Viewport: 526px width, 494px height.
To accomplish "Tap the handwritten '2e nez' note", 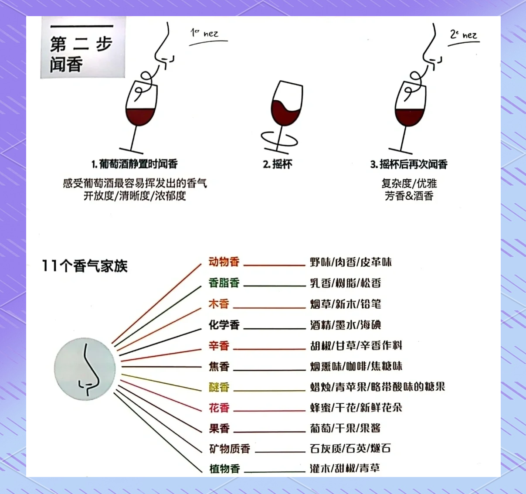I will pos(464,35).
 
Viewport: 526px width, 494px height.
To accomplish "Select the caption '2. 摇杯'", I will pos(277,164).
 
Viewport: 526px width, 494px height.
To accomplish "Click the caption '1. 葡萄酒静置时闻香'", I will pos(135,164).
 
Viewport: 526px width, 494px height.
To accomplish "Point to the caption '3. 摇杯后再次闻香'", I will pos(409,164).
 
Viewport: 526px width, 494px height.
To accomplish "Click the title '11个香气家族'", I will pos(85,266).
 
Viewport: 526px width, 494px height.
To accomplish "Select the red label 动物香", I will pos(224,262).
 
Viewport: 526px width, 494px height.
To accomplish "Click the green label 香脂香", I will pos(224,283).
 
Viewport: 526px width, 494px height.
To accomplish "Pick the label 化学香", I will pos(224,325).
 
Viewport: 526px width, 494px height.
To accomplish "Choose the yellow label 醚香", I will pos(219,387).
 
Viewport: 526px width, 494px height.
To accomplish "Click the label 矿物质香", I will pos(229,449).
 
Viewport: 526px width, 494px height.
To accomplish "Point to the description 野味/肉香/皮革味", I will pos(351,262).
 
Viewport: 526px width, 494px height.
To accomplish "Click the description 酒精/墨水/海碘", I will pos(346,325).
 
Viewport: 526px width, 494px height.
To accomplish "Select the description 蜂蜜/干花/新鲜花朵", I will pos(356,408).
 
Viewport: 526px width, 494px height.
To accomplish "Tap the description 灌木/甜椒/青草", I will pos(345,468).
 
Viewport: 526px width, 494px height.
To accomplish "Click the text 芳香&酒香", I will pos(409,196).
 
